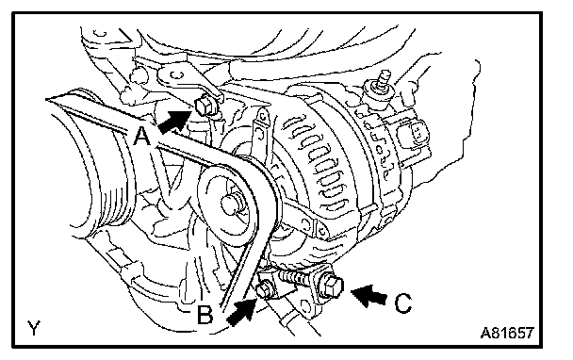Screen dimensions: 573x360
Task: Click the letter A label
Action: pyautogui.click(x=141, y=136)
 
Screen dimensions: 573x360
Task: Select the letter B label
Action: pyautogui.click(x=205, y=315)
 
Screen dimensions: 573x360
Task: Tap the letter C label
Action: pyautogui.click(x=403, y=303)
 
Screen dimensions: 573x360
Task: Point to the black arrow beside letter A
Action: pyautogui.click(x=175, y=122)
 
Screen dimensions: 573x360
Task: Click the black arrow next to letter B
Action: pyautogui.click(x=242, y=311)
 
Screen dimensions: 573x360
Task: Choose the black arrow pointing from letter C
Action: pyautogui.click(x=368, y=295)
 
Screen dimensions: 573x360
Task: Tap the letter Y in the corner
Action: pyautogui.click(x=34, y=328)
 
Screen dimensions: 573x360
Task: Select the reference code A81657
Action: pyautogui.click(x=507, y=333)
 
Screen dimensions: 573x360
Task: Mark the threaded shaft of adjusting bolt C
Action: pyautogui.click(x=297, y=280)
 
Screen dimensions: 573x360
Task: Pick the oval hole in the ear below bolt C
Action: pyautogui.click(x=304, y=304)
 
